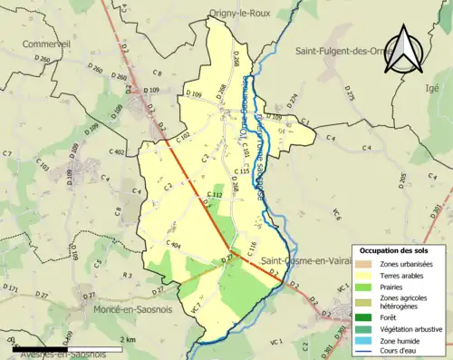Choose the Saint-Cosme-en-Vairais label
point(312,260)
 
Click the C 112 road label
point(215,195)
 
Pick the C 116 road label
point(251,247)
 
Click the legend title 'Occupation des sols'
point(394,249)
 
